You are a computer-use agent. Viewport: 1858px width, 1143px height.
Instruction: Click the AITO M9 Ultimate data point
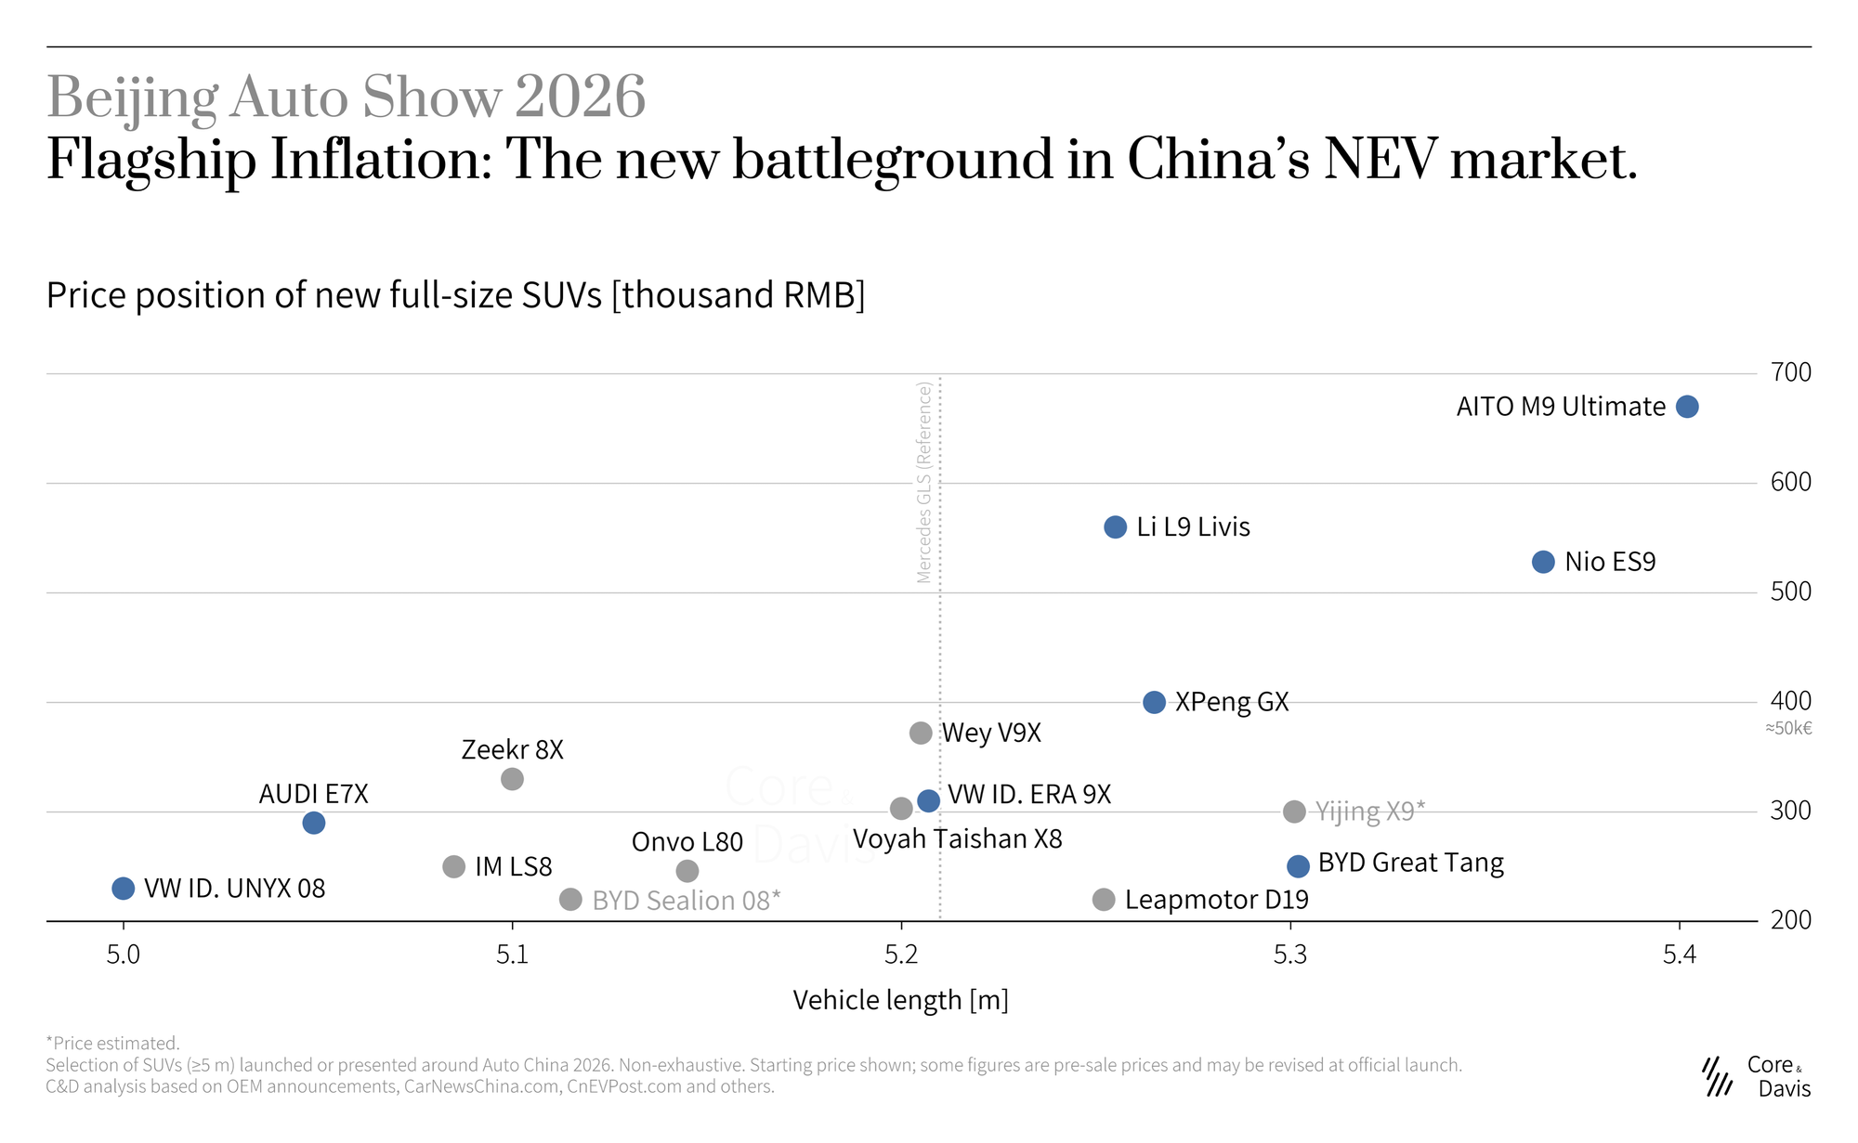(x=1687, y=407)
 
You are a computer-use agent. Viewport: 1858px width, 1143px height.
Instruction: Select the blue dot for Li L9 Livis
(x=1115, y=527)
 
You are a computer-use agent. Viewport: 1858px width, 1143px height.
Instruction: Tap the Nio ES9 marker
(x=1543, y=562)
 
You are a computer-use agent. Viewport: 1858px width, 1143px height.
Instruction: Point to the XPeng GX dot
(x=1154, y=703)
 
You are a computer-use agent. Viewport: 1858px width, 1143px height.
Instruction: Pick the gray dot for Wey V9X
(x=921, y=734)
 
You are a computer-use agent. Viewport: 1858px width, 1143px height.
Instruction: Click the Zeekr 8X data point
(x=512, y=779)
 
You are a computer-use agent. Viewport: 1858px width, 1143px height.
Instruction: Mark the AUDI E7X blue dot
(x=314, y=823)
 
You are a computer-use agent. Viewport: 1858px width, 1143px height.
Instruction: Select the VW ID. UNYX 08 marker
(x=123, y=889)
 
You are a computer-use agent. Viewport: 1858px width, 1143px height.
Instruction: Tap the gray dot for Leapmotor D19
(x=1104, y=900)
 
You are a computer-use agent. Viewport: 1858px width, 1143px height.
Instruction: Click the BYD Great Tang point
(x=1298, y=866)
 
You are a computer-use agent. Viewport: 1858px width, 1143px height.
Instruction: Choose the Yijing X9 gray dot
(x=1294, y=812)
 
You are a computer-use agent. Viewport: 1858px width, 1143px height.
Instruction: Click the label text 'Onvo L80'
(x=687, y=842)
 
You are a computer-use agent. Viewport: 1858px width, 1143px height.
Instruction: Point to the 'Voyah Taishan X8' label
(x=958, y=839)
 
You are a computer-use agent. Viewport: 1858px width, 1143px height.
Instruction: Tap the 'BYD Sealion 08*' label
(x=687, y=901)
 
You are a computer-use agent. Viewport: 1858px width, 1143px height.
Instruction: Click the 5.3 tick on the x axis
(x=1290, y=955)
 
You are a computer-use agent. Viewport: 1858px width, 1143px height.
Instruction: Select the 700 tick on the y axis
(x=1791, y=372)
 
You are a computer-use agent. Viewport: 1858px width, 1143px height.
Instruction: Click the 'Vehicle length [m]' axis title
(x=901, y=1000)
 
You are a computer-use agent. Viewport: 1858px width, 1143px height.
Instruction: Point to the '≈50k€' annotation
(x=1788, y=728)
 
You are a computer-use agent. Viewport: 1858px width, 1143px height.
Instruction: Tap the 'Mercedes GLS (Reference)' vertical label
(x=923, y=482)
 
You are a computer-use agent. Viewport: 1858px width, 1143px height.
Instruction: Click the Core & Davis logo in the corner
(x=1756, y=1077)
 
